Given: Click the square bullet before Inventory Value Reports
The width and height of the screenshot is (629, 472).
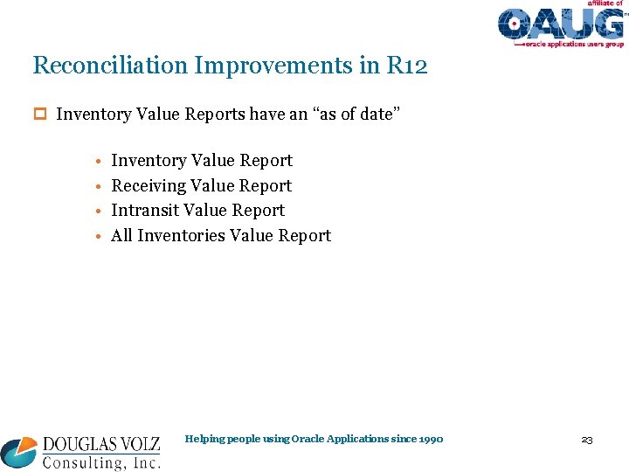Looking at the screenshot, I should click(x=38, y=115).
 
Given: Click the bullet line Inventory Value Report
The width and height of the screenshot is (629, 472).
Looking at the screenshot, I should click(x=202, y=161).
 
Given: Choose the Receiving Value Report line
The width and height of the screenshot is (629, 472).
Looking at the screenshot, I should click(x=201, y=185).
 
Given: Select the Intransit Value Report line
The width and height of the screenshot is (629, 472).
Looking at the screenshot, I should click(x=197, y=211).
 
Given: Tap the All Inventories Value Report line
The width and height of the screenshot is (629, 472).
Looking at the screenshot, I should click(x=221, y=235).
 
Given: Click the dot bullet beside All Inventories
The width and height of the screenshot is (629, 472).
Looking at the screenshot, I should click(x=100, y=236).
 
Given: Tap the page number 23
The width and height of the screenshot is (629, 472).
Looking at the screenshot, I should click(x=586, y=440).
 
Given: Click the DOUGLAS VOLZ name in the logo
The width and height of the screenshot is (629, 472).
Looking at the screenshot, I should click(x=101, y=445).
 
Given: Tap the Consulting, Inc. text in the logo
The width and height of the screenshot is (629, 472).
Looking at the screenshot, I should click(x=101, y=462).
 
